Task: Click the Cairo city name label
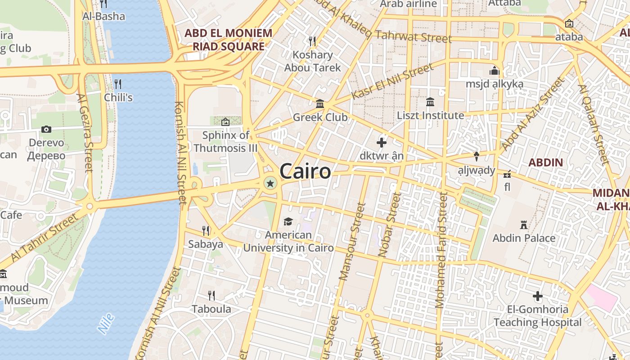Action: (x=305, y=171)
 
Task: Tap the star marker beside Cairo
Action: (x=270, y=183)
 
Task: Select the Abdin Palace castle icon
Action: (x=524, y=225)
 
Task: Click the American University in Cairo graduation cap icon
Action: (x=288, y=221)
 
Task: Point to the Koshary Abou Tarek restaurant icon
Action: (x=312, y=41)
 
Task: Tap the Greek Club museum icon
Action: (x=320, y=104)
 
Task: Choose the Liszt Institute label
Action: (x=430, y=115)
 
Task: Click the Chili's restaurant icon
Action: (x=118, y=84)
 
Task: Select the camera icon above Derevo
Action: (x=46, y=130)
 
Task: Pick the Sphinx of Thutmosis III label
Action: (x=225, y=141)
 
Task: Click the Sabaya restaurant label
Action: (x=206, y=244)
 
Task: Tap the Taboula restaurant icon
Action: (x=211, y=295)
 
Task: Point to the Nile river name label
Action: (x=106, y=324)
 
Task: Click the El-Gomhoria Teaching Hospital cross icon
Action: (x=537, y=296)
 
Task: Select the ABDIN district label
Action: (x=545, y=162)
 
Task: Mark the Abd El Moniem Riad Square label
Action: (x=229, y=40)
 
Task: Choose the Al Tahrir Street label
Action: (x=44, y=238)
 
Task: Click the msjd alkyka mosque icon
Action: (x=494, y=71)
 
